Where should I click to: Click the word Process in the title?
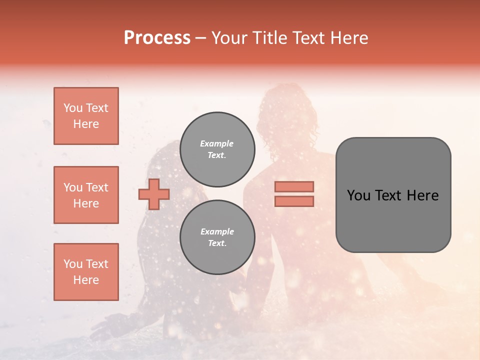(x=157, y=38)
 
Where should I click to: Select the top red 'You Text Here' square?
(x=86, y=116)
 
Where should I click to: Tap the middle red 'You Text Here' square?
(x=86, y=195)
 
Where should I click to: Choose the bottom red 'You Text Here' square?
(x=86, y=272)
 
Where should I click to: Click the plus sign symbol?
(x=154, y=194)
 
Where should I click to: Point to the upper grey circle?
(x=217, y=149)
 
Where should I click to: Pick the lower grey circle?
(x=217, y=237)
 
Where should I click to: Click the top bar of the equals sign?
(x=294, y=186)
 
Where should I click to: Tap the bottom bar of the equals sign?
(x=294, y=201)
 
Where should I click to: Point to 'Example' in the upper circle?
(x=217, y=143)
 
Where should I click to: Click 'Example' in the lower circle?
(x=217, y=231)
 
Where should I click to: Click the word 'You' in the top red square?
(x=73, y=108)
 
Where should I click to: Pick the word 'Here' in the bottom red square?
(x=86, y=280)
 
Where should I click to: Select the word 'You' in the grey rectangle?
(x=358, y=195)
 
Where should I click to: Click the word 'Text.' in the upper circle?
(x=217, y=155)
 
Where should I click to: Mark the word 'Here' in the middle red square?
(x=86, y=203)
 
